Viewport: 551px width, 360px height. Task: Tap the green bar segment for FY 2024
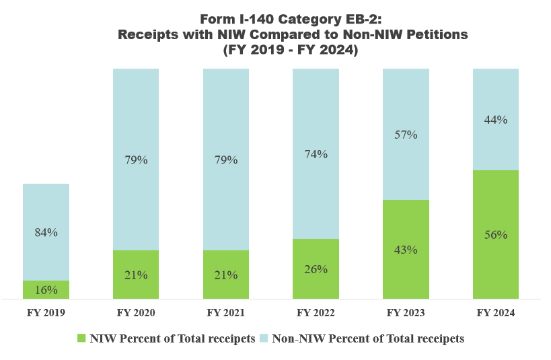pos(496,262)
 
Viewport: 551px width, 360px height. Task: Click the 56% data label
pos(496,235)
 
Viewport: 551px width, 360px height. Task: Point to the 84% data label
pos(46,232)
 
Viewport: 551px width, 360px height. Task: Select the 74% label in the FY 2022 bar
pos(316,154)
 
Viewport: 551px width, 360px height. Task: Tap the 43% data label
pos(406,250)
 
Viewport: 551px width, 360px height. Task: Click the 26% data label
pos(316,269)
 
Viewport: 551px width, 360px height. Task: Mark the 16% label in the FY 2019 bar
pos(46,290)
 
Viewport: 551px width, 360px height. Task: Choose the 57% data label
pos(406,135)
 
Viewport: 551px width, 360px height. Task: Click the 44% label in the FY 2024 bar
pos(496,120)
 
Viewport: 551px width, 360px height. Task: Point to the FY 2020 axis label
pos(136,313)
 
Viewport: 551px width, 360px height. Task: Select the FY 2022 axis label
pos(316,313)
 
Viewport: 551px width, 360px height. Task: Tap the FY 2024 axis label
pos(496,313)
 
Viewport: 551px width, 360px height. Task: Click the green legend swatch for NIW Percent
pos(82,338)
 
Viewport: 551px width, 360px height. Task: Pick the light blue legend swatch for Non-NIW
pos(264,338)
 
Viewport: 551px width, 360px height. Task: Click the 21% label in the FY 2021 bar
pos(226,275)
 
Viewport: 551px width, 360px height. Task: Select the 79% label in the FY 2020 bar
pos(136,160)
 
